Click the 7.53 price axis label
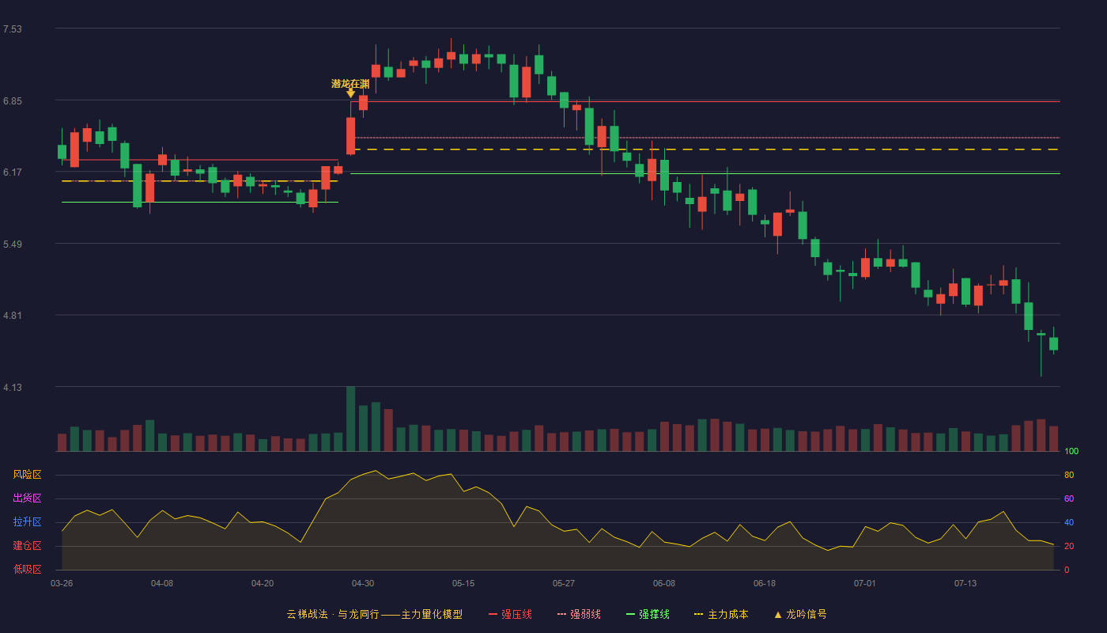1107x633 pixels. click(13, 29)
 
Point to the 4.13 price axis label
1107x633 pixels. click(13, 388)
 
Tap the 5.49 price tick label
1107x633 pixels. click(13, 244)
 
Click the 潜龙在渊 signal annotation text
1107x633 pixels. click(350, 84)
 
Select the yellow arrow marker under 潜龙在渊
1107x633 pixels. click(350, 93)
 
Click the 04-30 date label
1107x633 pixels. click(363, 584)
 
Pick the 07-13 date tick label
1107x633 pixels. click(965, 584)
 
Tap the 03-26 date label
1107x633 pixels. click(62, 584)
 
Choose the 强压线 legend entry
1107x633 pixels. click(510, 614)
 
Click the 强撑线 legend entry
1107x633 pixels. click(648, 614)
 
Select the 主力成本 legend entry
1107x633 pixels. click(721, 614)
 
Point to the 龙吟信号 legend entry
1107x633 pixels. click(800, 614)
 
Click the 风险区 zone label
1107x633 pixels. click(27, 475)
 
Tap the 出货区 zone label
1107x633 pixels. click(27, 498)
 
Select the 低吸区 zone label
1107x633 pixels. click(27, 569)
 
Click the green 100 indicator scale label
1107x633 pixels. click(1071, 451)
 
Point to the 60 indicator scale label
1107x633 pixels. click(1069, 498)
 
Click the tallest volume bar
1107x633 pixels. click(350, 419)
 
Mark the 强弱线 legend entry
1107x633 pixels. click(579, 614)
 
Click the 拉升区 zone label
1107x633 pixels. click(27, 521)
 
